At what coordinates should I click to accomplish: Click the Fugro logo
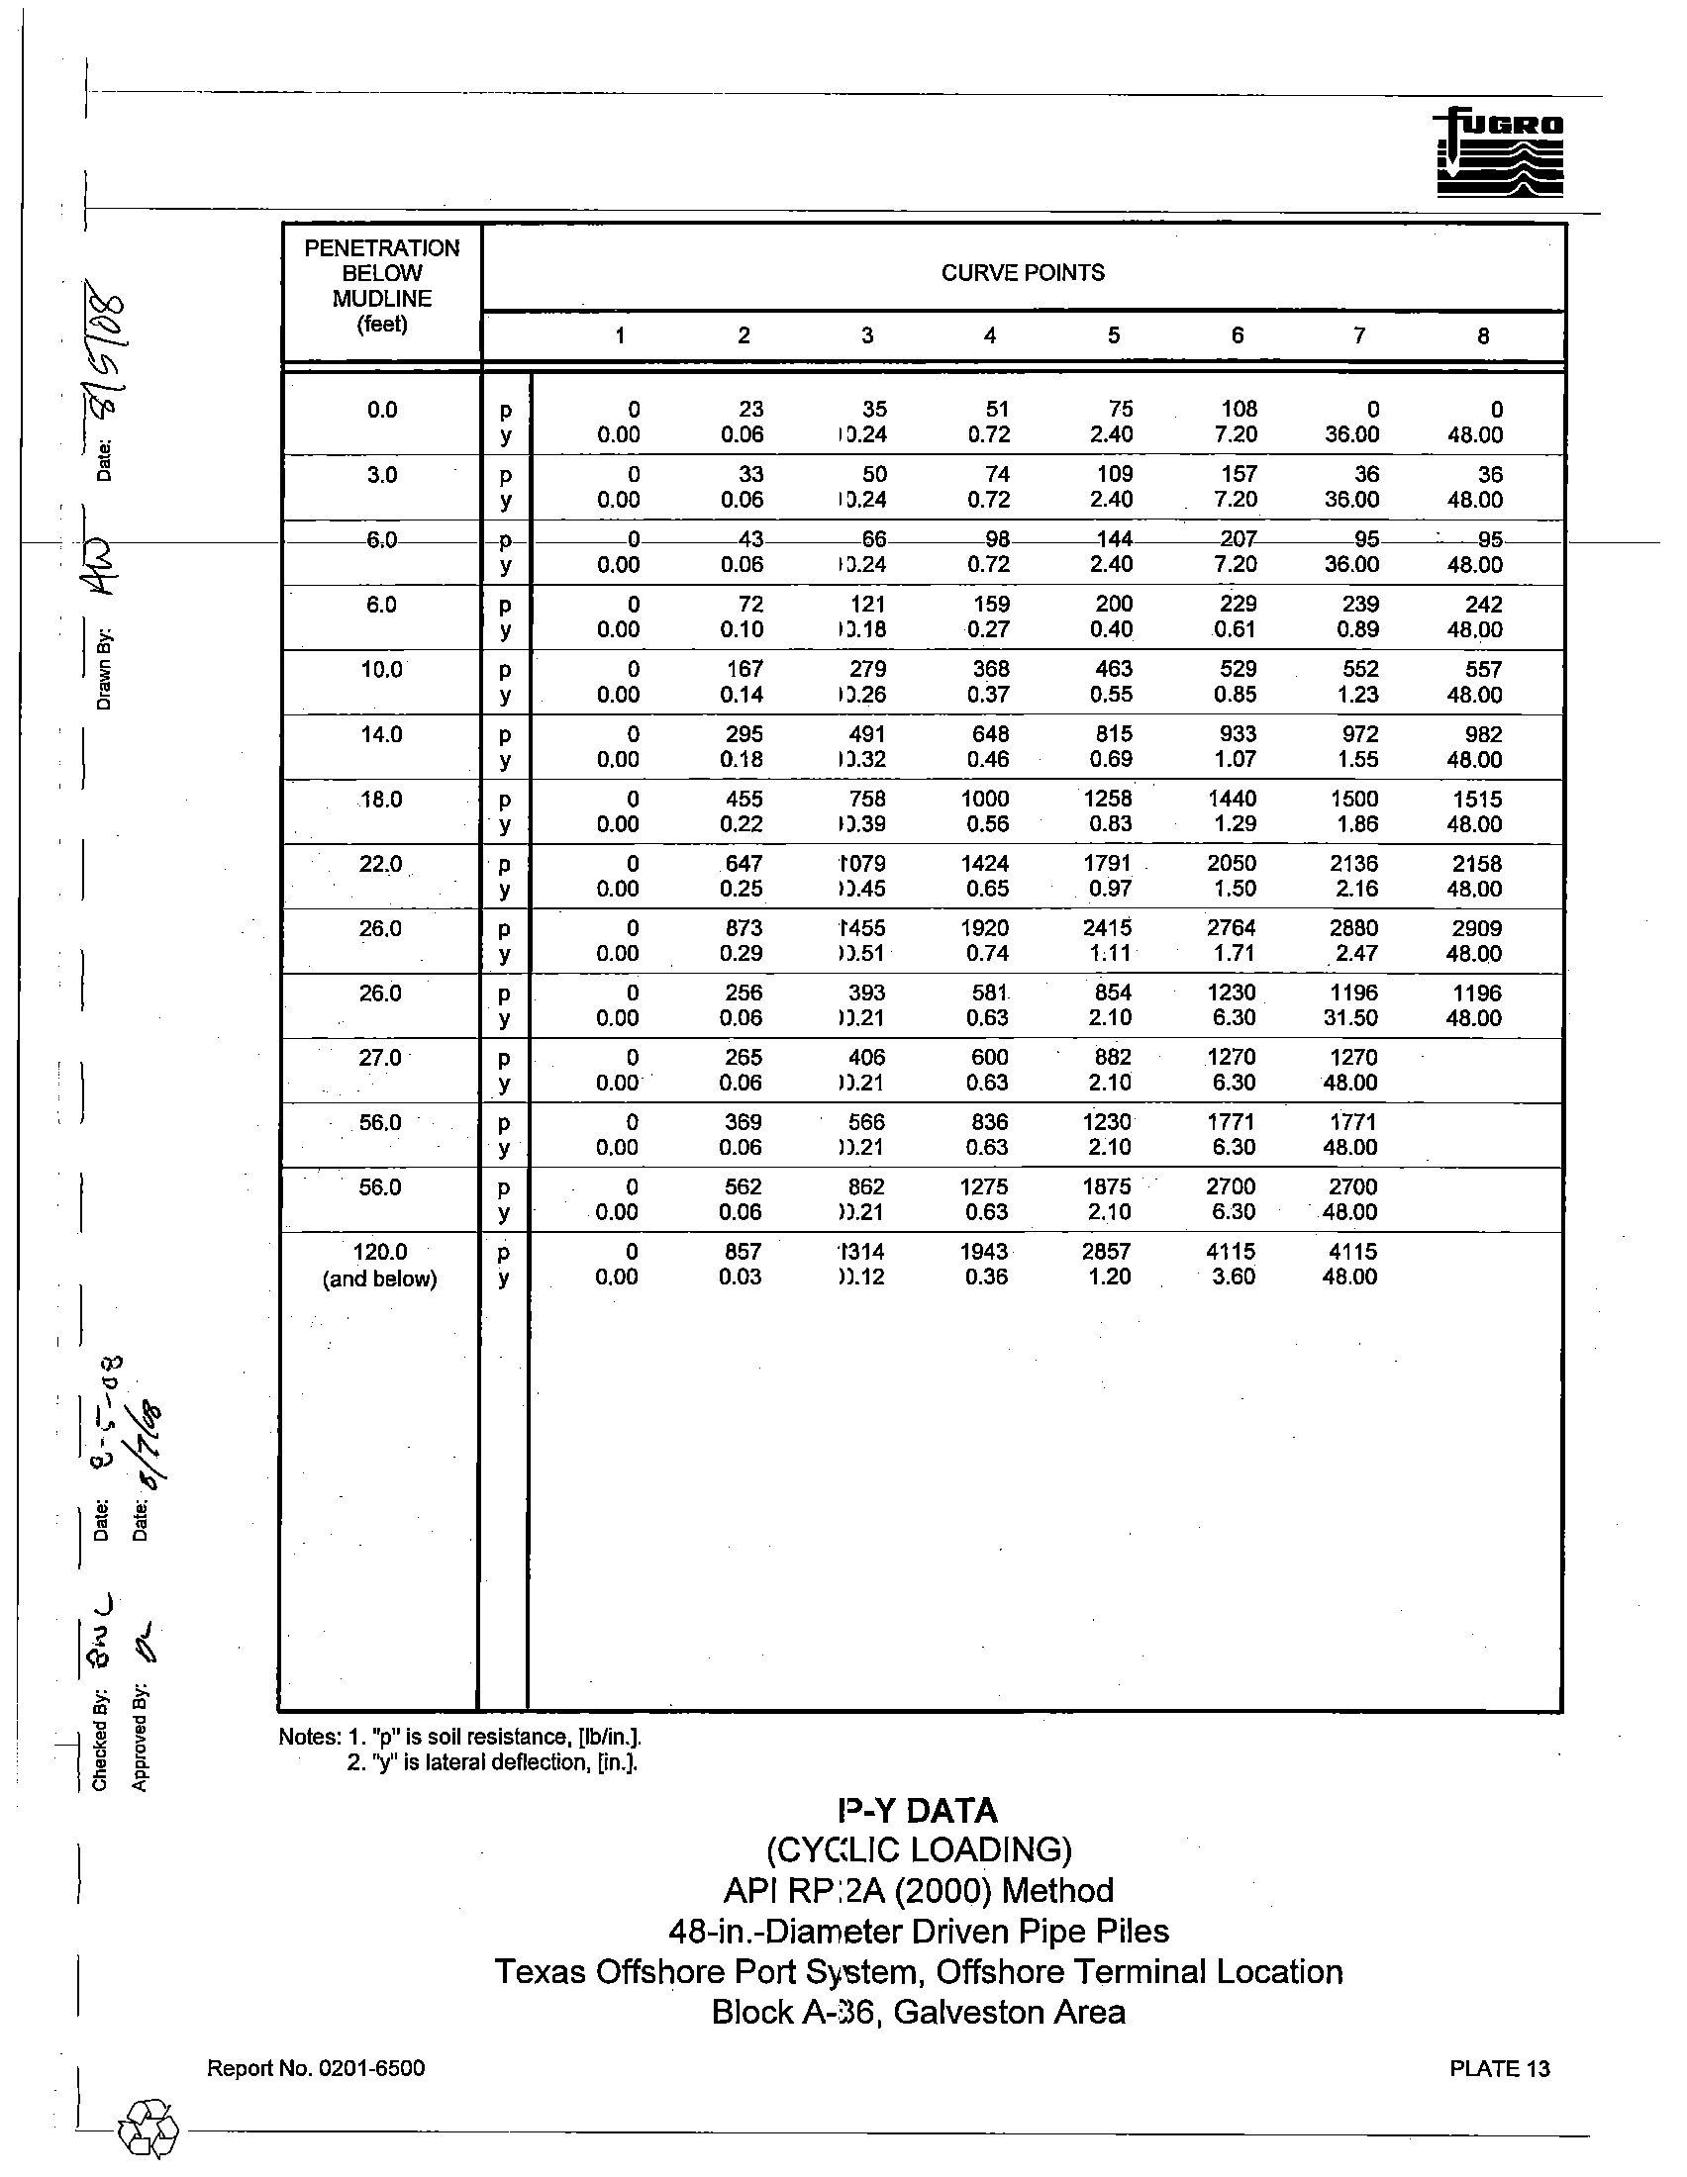click(1500, 152)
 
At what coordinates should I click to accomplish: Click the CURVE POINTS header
click(1022, 273)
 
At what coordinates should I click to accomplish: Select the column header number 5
click(1114, 335)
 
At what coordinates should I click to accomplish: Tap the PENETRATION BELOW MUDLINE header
click(382, 286)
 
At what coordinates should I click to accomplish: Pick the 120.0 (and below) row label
click(380, 1265)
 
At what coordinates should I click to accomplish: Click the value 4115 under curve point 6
click(1232, 1252)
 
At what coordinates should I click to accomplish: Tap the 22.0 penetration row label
click(380, 864)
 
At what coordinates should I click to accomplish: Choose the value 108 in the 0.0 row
click(1239, 410)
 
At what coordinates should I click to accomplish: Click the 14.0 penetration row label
click(381, 734)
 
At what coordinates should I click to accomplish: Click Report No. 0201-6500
click(315, 2068)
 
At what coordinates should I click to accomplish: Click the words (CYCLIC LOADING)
click(919, 1851)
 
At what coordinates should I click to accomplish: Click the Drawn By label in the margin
click(104, 670)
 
